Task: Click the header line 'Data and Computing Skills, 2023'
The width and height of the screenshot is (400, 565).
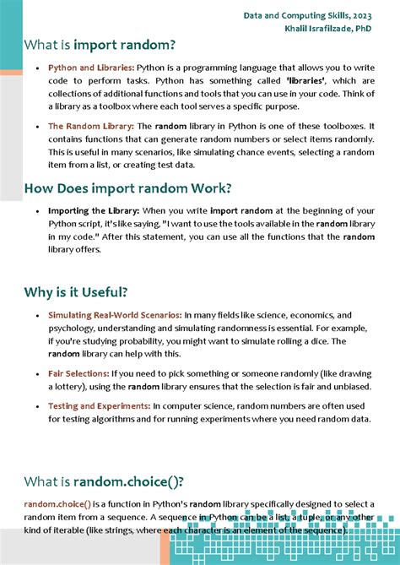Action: [308, 15]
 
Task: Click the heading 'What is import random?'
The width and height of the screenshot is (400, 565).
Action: [100, 45]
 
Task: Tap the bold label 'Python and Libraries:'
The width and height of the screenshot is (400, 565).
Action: [91, 67]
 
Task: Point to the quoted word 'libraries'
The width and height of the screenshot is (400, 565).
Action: [306, 80]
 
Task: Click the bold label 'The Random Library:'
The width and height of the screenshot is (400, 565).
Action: [90, 126]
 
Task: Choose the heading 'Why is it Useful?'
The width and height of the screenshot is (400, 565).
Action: [77, 292]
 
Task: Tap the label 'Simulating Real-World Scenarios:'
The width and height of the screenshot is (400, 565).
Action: [115, 315]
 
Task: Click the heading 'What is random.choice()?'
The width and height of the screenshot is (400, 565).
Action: [104, 481]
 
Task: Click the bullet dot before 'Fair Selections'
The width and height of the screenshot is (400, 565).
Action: [38, 373]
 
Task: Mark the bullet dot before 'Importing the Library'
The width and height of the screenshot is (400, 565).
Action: [38, 210]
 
